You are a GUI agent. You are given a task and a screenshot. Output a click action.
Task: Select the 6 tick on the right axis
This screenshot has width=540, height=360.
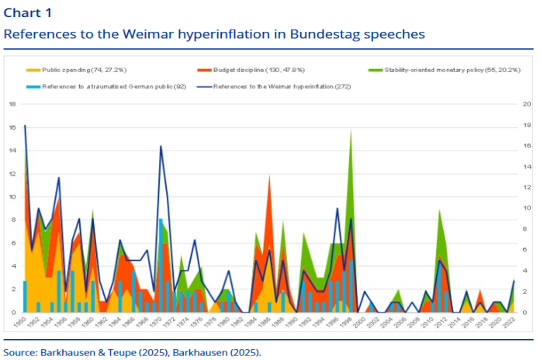pos(526,250)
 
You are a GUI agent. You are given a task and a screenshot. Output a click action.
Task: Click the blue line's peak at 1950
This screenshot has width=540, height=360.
pos(25,126)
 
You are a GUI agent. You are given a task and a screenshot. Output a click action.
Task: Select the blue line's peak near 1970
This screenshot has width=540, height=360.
pos(161,146)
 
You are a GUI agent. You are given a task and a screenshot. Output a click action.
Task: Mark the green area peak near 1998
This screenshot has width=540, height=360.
pos(351,129)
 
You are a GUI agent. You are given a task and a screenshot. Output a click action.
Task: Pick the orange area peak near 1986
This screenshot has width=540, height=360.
pos(270,175)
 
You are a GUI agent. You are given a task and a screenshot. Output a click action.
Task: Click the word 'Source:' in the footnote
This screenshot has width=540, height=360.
pos(22,351)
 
